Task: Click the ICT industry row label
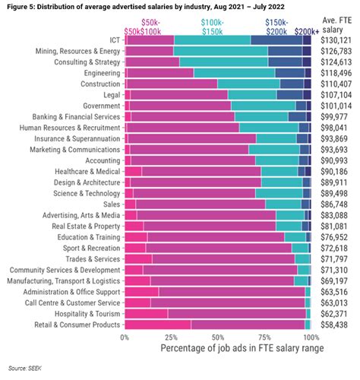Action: coord(113,40)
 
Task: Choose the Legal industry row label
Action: coord(110,94)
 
